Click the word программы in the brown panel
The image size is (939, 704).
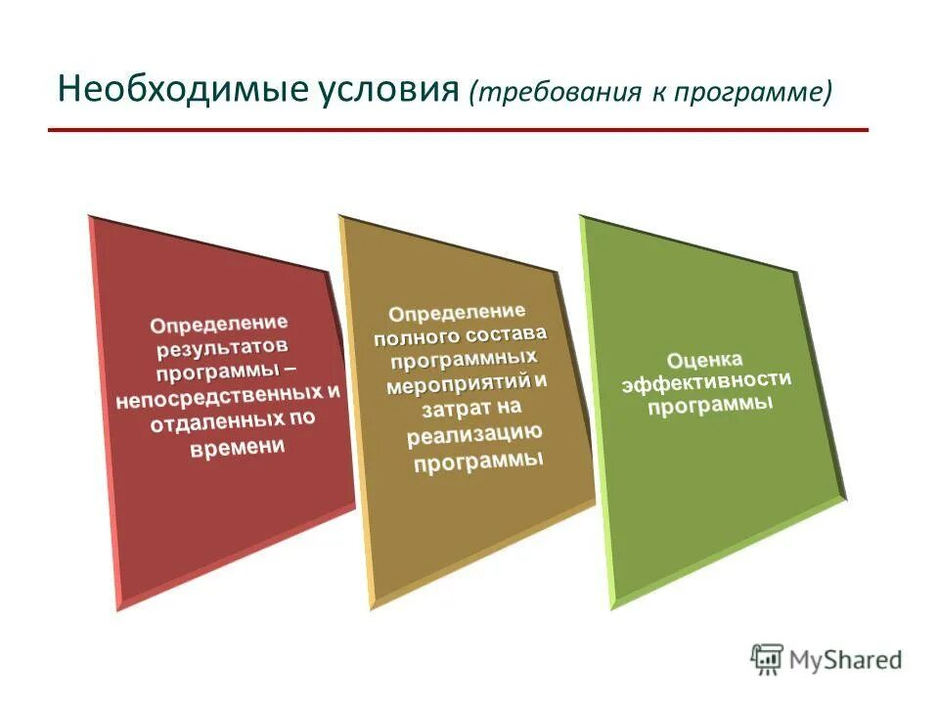tap(477, 460)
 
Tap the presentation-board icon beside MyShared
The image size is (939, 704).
tap(768, 658)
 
